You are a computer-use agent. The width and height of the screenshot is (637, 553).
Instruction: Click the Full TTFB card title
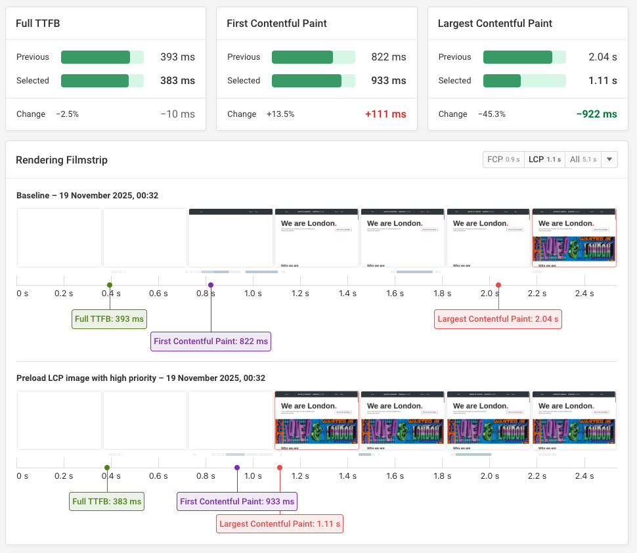38,24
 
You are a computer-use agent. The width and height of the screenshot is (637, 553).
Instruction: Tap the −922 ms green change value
596,114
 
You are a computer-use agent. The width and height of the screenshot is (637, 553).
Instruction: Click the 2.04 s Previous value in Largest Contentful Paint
602,57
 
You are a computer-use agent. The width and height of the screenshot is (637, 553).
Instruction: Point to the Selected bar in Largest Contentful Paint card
524,81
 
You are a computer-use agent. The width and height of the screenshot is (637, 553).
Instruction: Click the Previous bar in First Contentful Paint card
313,57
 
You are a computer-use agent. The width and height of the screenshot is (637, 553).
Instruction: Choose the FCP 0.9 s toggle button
503,160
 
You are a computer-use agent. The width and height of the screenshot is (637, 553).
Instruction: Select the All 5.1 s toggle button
582,160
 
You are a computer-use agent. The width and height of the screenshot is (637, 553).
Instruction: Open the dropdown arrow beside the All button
609,160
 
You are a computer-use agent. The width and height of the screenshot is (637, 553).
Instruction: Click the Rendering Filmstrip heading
61,160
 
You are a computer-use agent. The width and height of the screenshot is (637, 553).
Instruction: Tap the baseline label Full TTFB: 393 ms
109,319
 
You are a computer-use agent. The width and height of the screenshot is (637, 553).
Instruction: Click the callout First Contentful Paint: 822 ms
211,342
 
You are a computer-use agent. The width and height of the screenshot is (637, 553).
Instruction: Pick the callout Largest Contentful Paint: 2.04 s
498,319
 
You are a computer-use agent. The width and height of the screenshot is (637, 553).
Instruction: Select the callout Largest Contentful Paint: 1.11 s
280,524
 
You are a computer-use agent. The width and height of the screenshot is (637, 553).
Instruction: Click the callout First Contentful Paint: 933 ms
237,502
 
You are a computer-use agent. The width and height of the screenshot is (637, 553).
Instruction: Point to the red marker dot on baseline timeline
498,285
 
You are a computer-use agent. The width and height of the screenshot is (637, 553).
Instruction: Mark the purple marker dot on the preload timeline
237,468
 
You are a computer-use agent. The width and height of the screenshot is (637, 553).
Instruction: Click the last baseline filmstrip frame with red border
574,238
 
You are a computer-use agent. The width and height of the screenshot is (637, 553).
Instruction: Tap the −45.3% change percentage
492,114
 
